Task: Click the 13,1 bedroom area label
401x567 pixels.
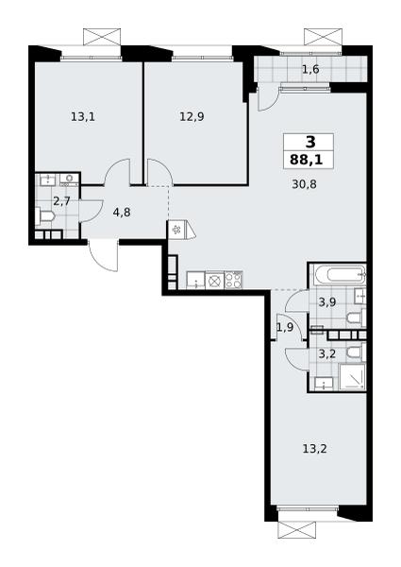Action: click(83, 117)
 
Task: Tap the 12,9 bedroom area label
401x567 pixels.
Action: click(192, 117)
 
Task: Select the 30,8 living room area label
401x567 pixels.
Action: click(304, 184)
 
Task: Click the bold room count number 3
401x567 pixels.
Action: click(310, 142)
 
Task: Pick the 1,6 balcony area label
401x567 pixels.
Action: click(310, 69)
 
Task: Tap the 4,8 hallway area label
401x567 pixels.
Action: click(122, 213)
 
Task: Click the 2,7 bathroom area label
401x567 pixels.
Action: click(61, 201)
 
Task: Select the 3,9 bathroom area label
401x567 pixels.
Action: click(327, 302)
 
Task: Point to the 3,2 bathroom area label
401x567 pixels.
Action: click(327, 353)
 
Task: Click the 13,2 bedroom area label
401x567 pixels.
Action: click(315, 449)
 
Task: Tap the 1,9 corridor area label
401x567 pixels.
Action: click(285, 328)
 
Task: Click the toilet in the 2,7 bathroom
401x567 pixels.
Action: click(45, 216)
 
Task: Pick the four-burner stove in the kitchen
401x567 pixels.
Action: click(234, 281)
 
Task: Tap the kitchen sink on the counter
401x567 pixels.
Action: click(195, 281)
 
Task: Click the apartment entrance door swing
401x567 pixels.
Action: click(103, 256)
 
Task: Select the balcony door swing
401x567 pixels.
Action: click(267, 97)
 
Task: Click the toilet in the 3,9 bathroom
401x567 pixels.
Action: click(357, 318)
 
